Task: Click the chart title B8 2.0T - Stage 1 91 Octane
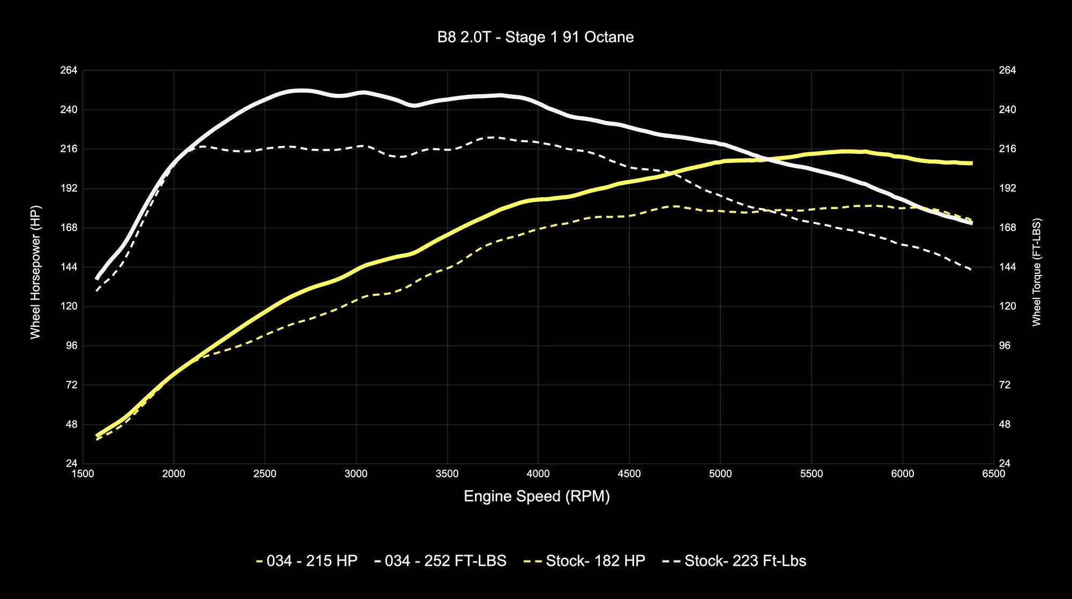535,37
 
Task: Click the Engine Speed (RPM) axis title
537,496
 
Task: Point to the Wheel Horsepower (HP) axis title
35,272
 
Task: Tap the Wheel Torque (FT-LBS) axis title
1036,272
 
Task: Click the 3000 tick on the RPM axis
356,474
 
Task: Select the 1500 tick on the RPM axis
83,474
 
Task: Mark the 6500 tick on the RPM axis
994,474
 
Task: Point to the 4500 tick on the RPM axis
629,474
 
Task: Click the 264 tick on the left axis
69,70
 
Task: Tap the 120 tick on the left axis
69,306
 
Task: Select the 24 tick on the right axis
1004,463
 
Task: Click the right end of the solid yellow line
971,163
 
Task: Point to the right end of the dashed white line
971,269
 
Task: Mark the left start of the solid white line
97,278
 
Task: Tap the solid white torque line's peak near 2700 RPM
302,91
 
